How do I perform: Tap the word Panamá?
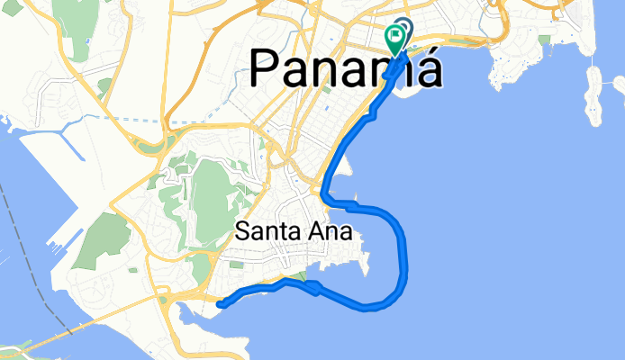click(x=345, y=68)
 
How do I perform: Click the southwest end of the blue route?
click(x=221, y=304)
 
